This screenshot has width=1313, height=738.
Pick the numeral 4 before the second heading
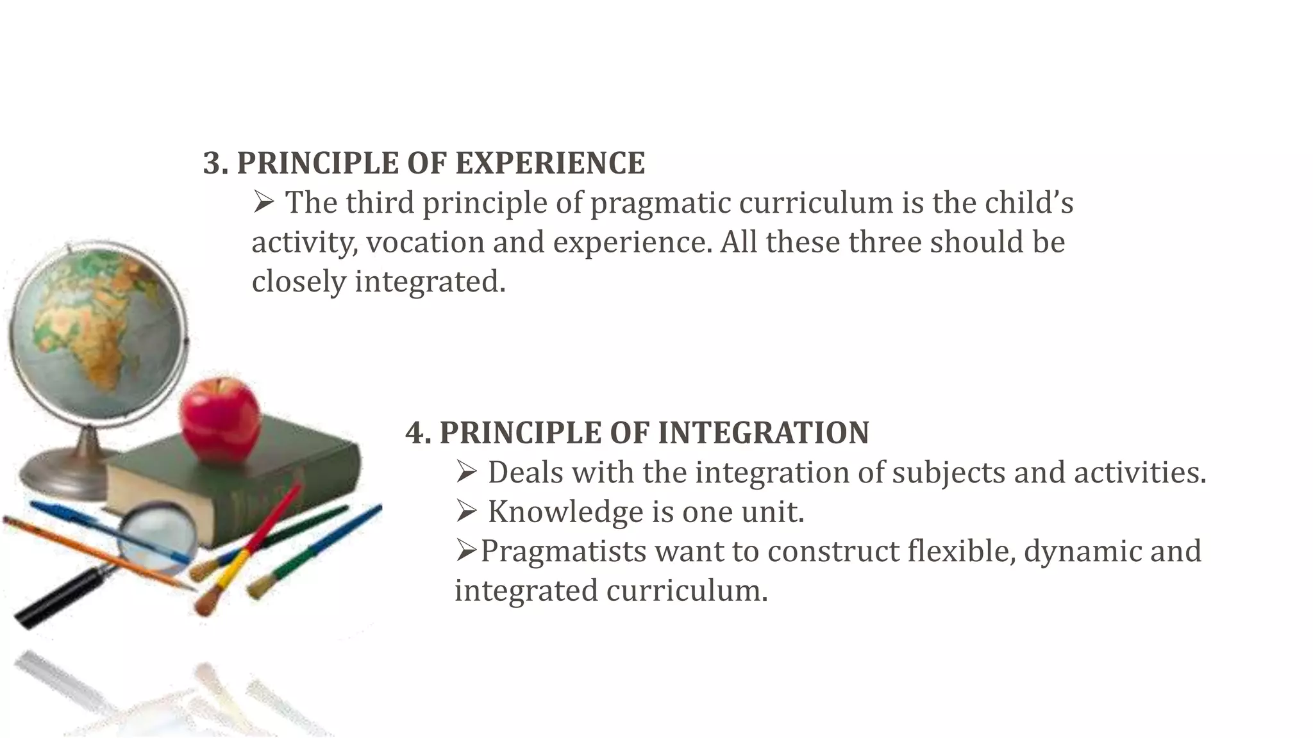pyautogui.click(x=417, y=433)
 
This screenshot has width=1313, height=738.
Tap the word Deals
pyautogui.click(x=525, y=473)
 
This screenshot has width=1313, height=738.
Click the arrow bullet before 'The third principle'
pyautogui.click(x=263, y=203)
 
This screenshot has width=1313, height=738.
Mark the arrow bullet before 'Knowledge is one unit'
pyautogui.click(x=467, y=512)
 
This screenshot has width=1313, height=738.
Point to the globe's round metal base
pyautogui.click(x=64, y=474)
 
